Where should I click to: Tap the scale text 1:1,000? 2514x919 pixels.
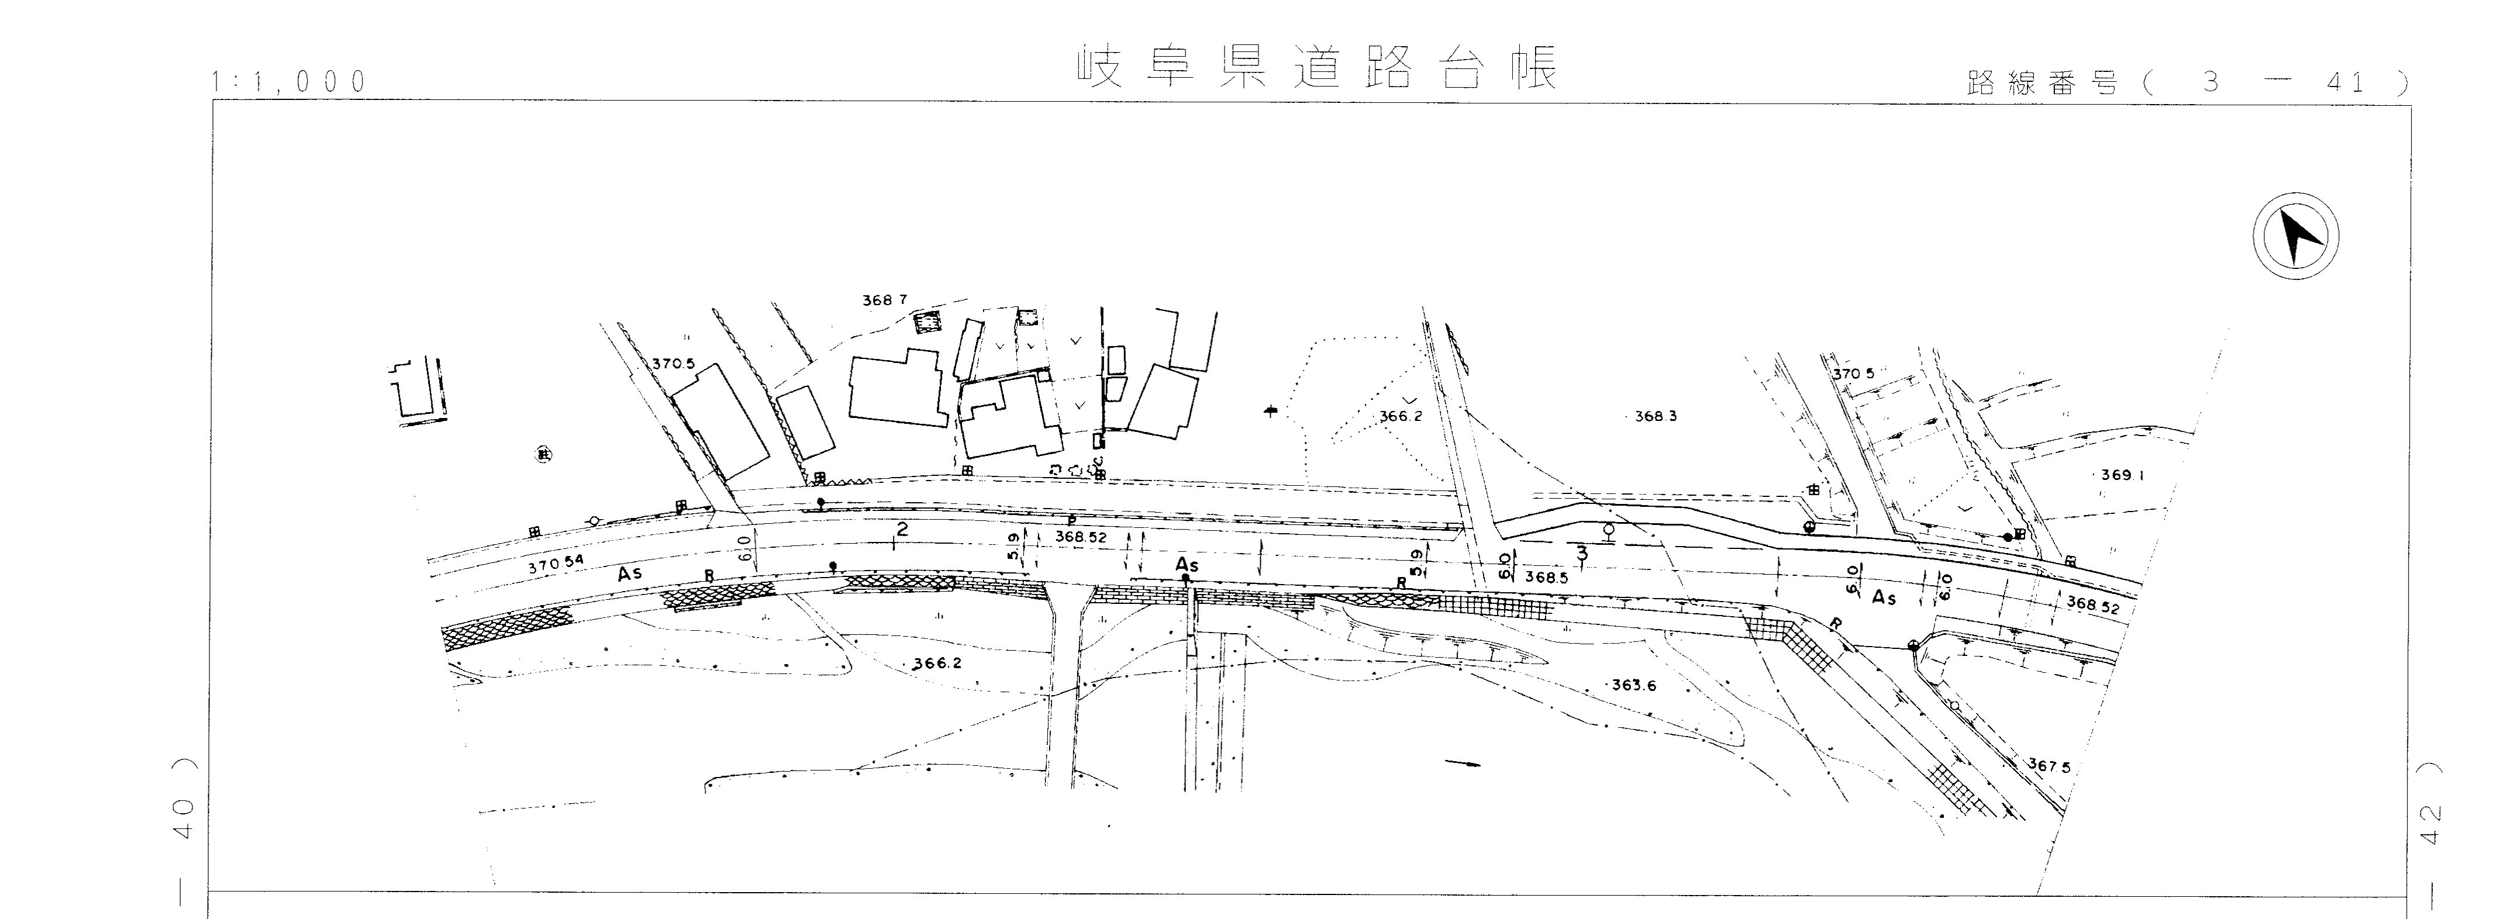289,82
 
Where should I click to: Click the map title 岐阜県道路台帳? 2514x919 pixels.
1318,66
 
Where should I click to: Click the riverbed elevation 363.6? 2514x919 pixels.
1633,685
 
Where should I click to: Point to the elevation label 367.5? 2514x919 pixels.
2049,766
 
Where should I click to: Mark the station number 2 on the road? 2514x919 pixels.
902,530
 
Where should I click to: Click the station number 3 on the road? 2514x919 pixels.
1582,553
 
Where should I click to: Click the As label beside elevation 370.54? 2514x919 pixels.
629,575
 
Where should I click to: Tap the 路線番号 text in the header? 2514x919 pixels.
2044,85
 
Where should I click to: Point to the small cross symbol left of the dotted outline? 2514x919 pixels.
1270,412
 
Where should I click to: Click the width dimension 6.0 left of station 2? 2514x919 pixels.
746,547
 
